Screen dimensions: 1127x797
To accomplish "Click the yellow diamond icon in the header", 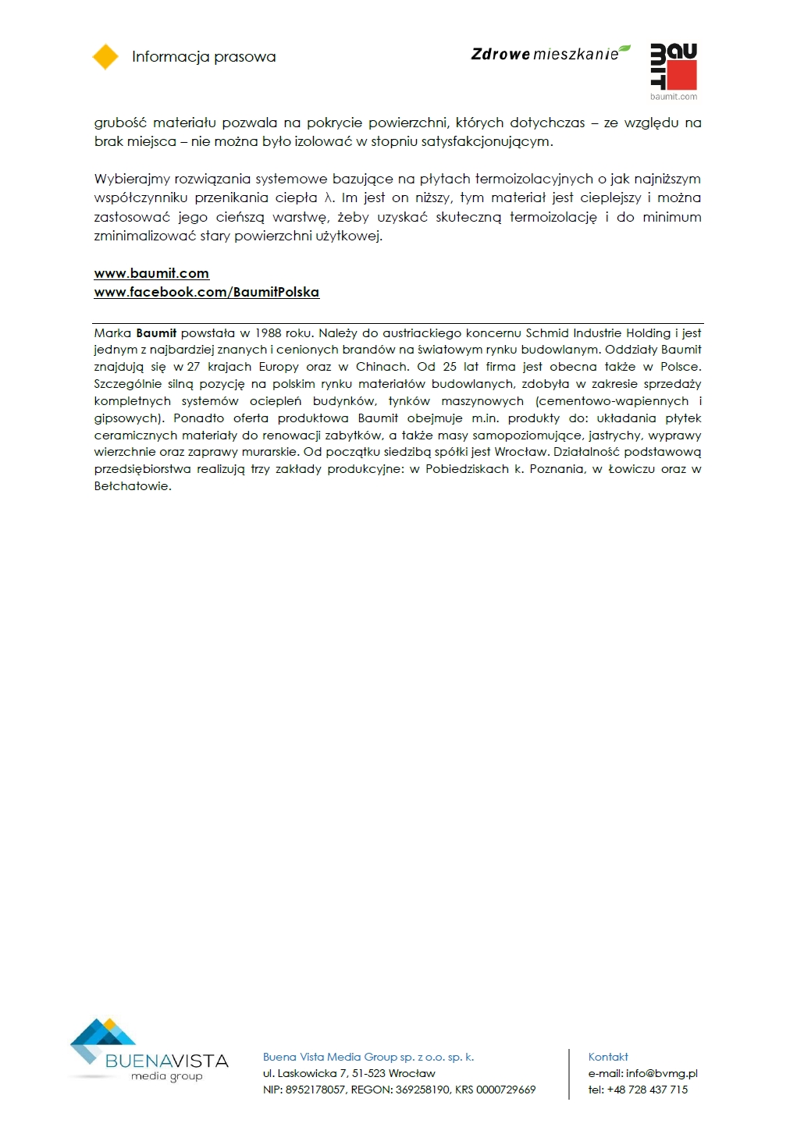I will click(105, 57).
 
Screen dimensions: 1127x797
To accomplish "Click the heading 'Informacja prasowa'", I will click(204, 57).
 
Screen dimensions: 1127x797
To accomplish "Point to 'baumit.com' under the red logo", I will click(674, 97).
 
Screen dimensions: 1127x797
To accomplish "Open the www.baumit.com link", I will click(151, 273).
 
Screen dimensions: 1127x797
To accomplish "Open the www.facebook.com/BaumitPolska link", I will click(206, 292).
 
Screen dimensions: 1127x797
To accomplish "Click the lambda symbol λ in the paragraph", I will click(329, 198).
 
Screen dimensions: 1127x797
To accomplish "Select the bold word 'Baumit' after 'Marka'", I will click(156, 333).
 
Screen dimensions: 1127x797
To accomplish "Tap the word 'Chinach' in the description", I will click(382, 367).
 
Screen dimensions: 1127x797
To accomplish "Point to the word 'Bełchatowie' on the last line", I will click(132, 486).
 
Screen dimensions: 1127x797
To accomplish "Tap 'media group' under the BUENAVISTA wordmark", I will click(166, 1076).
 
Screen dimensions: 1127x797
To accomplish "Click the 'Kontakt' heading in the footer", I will click(608, 1057).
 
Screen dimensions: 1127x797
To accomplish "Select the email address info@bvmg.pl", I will click(661, 1073).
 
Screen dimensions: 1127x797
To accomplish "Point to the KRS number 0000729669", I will click(506, 1090).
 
